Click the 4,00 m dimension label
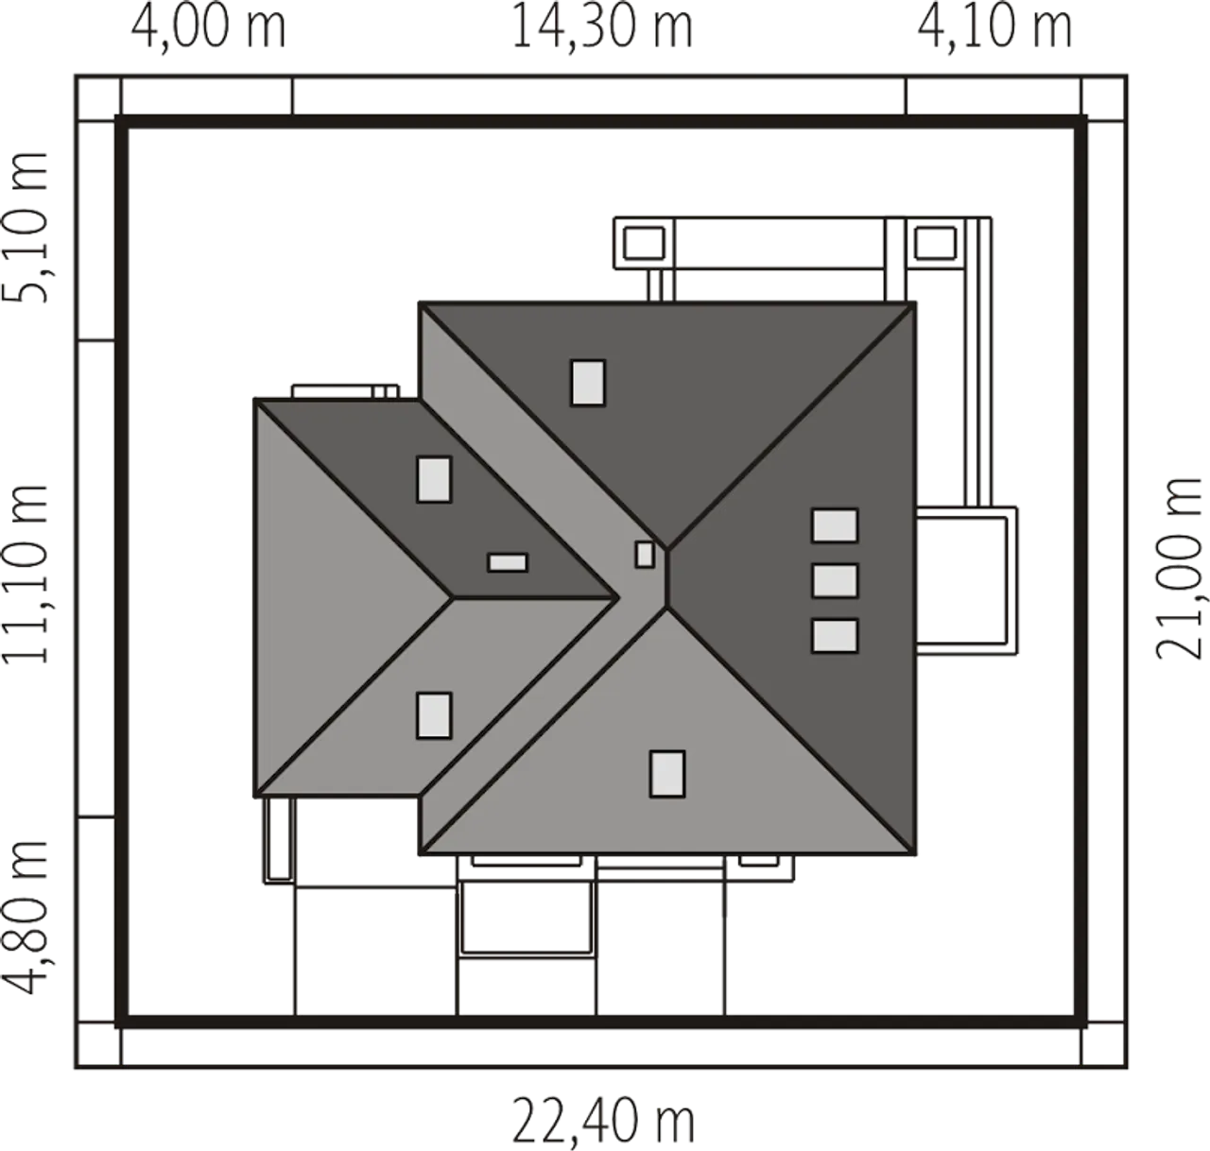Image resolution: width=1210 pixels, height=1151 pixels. (209, 27)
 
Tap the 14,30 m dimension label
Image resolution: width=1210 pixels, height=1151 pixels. (602, 27)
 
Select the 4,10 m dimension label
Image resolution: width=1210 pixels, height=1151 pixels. (994, 27)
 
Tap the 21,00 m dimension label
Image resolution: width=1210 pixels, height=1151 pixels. (1179, 569)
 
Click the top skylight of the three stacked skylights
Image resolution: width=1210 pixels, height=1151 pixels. (835, 525)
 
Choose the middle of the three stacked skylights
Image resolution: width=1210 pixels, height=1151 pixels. (835, 580)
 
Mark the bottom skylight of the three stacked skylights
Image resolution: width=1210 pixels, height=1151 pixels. (835, 635)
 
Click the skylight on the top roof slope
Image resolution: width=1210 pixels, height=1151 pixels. (588, 383)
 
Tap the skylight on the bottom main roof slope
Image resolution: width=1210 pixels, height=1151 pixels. (667, 774)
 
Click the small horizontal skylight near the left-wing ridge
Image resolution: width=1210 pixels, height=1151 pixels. (508, 562)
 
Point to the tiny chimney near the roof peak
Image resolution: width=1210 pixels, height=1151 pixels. (645, 555)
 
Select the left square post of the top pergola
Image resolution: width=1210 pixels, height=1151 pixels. (644, 243)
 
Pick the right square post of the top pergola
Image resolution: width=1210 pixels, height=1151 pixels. (935, 243)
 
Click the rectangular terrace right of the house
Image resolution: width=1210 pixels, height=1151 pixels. (966, 580)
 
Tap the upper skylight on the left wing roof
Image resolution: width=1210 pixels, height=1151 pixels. (434, 479)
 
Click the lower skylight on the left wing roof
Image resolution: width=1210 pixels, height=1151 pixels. (434, 715)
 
